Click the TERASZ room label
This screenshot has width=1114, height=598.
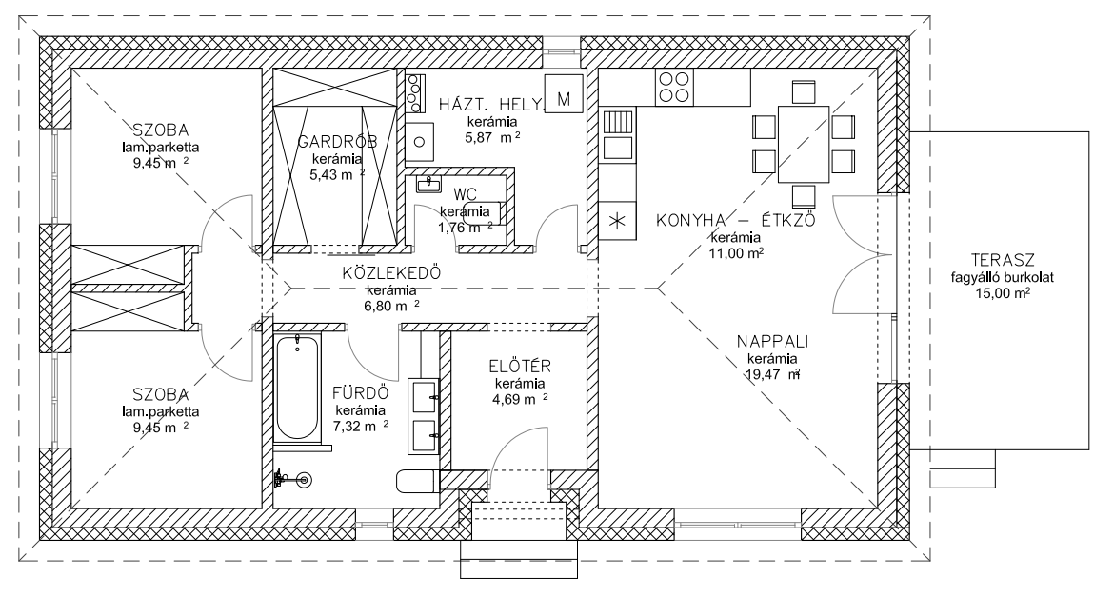point(1003,260)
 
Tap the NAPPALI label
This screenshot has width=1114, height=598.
point(772,342)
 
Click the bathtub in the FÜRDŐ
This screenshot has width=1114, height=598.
point(298,388)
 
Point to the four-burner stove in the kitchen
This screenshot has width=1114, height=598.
point(673,88)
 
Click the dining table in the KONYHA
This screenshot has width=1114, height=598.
point(804,145)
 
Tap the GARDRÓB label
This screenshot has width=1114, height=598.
point(337,142)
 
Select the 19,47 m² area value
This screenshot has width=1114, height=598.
point(773,374)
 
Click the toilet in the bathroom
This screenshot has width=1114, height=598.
point(418,482)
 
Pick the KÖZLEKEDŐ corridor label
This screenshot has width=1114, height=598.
point(391,273)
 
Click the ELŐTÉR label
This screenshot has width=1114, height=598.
point(520,367)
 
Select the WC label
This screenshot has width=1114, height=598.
point(465,194)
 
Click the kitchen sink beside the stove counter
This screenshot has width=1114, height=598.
point(618,136)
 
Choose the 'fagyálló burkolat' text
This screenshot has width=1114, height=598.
point(1003,278)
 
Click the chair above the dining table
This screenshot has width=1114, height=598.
point(804,92)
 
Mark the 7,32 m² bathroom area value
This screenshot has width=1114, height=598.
point(361,427)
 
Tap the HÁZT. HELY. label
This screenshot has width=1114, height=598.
point(490,105)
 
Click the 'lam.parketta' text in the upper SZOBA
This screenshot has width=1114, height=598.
point(161,148)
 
